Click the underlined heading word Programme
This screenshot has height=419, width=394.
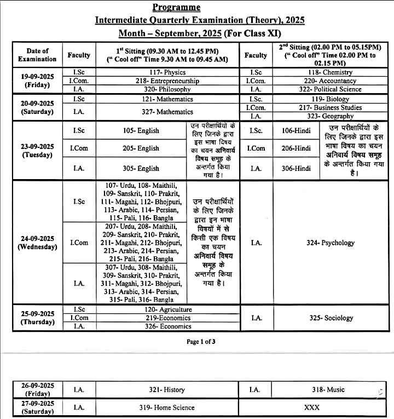[x=176, y=8]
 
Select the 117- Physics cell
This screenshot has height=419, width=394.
[x=167, y=72]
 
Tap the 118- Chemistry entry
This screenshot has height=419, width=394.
[x=314, y=72]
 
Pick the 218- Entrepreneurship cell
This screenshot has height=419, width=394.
[x=167, y=81]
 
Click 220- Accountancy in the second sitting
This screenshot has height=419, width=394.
[x=314, y=81]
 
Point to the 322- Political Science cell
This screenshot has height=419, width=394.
[x=314, y=89]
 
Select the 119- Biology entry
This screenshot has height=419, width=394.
[x=314, y=99]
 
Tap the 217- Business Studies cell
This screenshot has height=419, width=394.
[x=314, y=108]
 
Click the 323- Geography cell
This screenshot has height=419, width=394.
[x=314, y=116]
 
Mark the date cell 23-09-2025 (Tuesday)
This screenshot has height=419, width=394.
[x=37, y=151]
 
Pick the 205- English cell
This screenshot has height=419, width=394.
[x=141, y=148]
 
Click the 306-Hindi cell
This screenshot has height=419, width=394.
[x=296, y=168]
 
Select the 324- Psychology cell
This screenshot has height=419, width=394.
[x=330, y=243]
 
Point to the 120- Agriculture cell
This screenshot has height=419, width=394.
[x=168, y=309]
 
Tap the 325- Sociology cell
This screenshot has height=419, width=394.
[x=331, y=318]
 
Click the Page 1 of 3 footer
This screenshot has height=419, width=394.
[x=201, y=342]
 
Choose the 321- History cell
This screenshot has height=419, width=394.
[x=167, y=390]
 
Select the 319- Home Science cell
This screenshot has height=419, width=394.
[x=167, y=407]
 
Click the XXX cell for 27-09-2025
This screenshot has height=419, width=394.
[x=312, y=407]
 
